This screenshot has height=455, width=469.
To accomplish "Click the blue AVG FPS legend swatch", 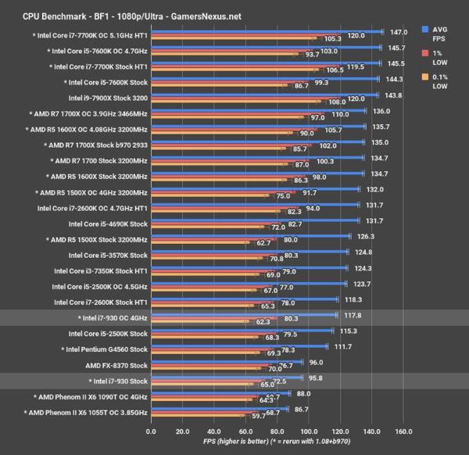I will click(424, 30).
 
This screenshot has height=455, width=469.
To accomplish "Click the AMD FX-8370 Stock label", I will click(106, 365).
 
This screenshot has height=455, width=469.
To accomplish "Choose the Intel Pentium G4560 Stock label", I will click(101, 349).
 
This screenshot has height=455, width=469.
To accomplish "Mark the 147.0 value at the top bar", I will click(399, 32).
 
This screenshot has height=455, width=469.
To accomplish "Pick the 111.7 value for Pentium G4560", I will click(344, 346).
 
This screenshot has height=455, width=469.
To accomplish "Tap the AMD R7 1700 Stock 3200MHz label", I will click(98, 162).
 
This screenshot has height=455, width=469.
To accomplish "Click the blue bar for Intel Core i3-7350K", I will click(246, 268).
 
